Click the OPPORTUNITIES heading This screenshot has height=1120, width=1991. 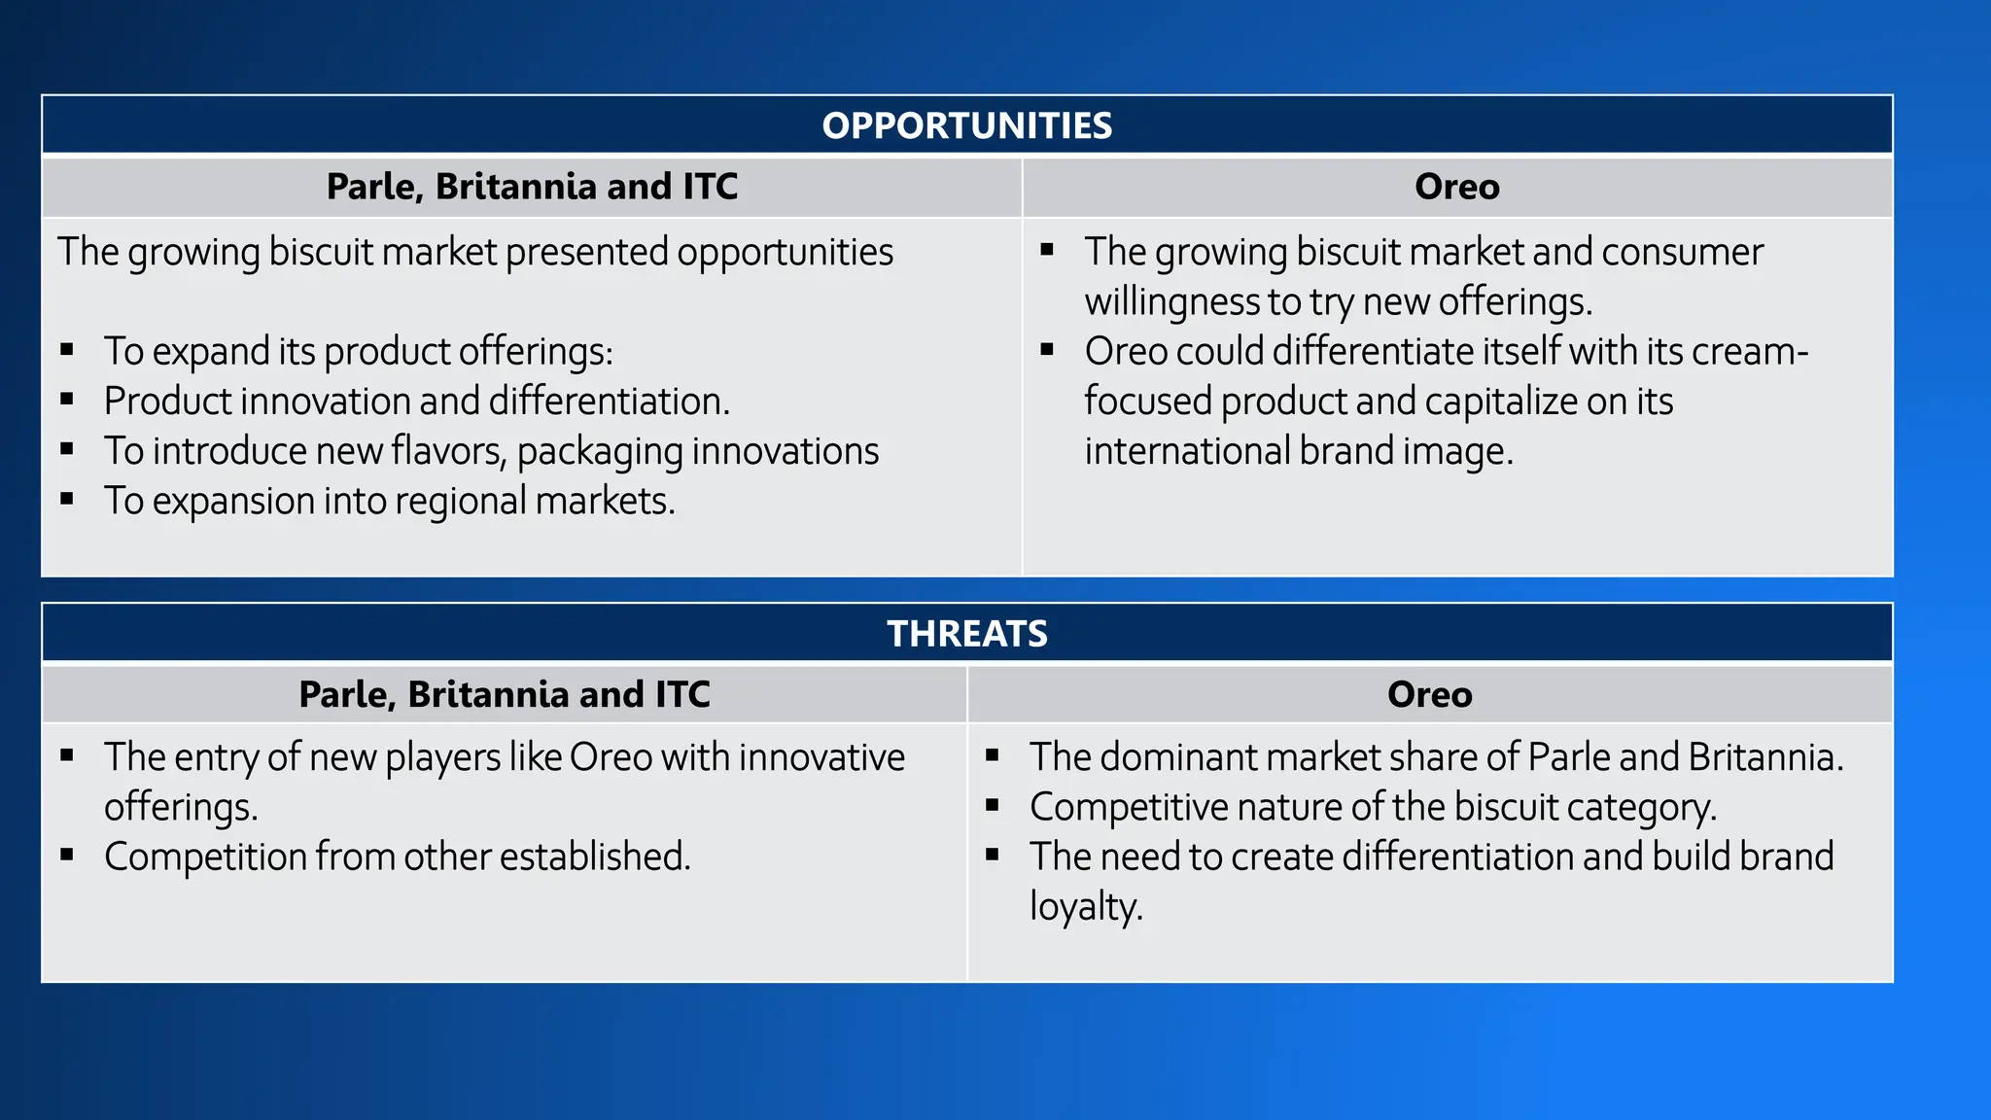(x=966, y=125)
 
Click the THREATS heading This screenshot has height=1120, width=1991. (x=966, y=634)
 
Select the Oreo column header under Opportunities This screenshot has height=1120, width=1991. (x=1456, y=187)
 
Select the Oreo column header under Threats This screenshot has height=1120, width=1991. (x=1429, y=695)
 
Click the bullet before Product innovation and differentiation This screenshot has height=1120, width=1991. (x=67, y=399)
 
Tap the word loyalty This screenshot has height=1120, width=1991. (x=1085, y=908)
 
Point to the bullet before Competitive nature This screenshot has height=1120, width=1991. (x=993, y=805)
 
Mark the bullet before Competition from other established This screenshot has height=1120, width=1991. (x=67, y=855)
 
